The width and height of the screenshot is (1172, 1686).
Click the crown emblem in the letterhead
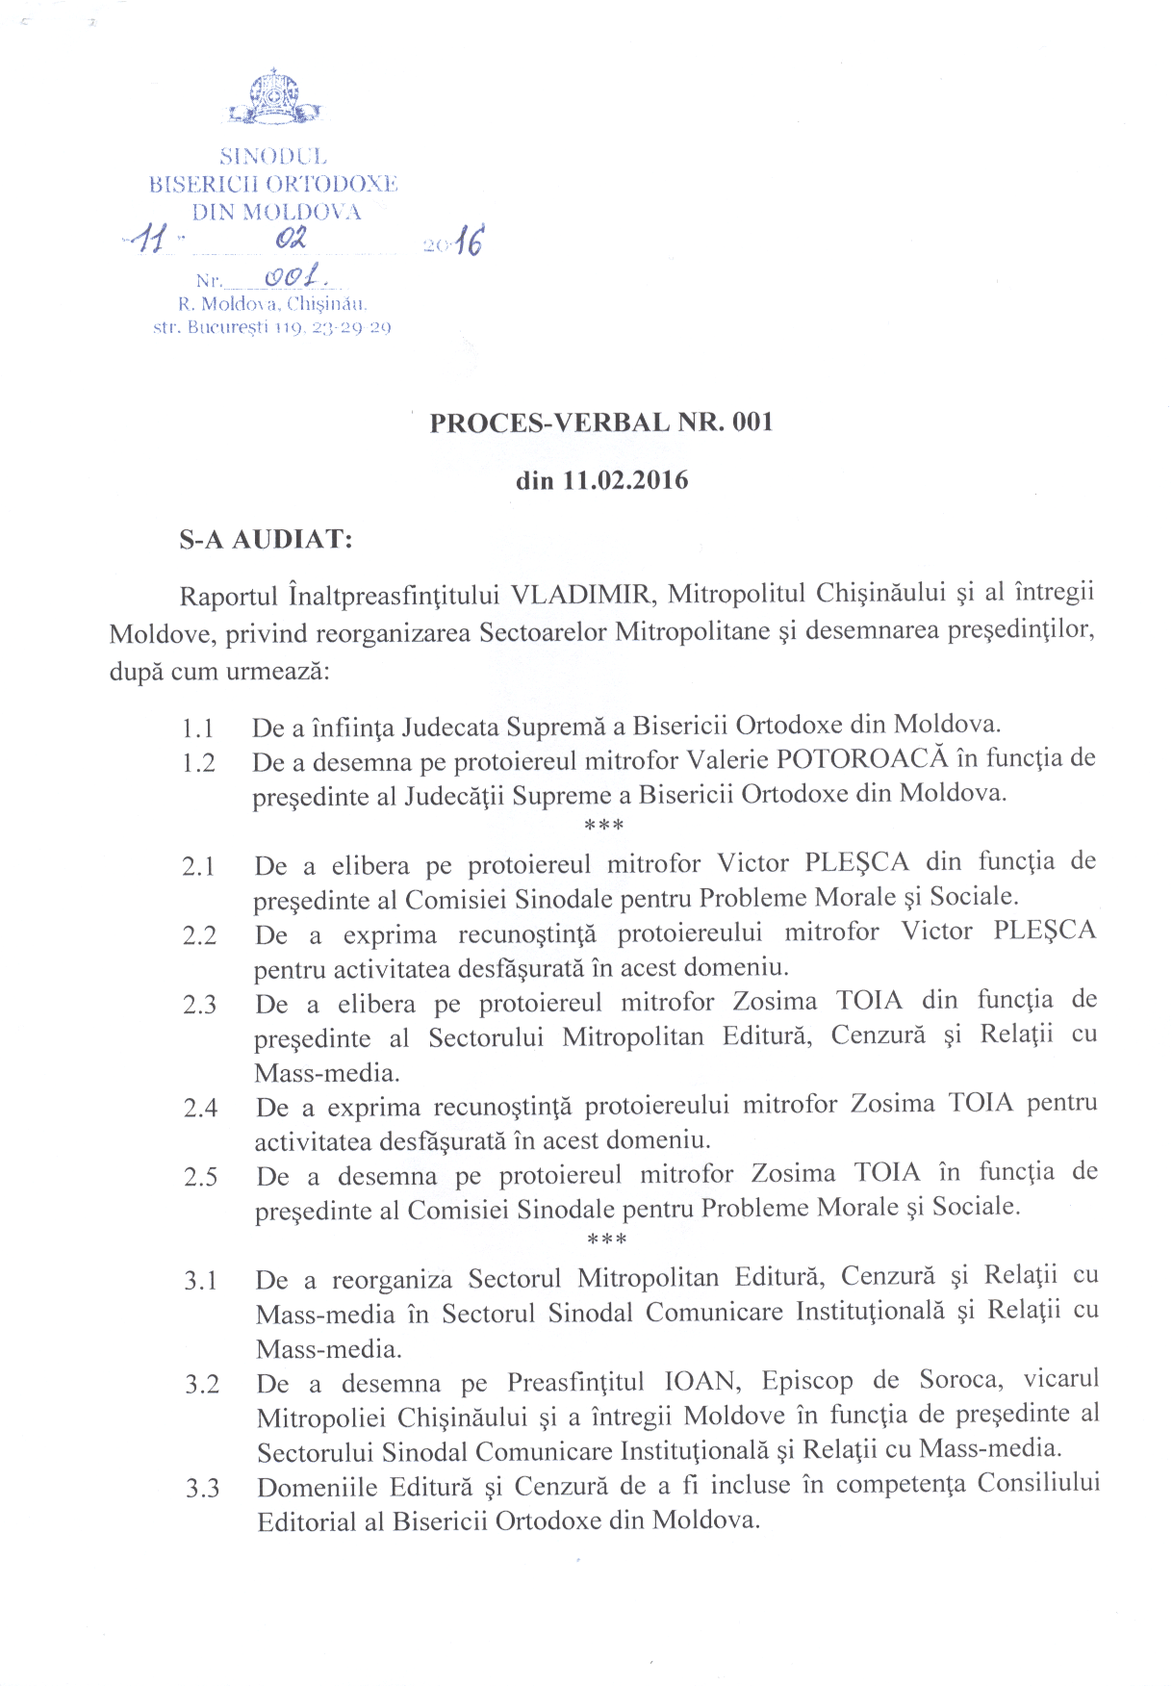click(x=273, y=97)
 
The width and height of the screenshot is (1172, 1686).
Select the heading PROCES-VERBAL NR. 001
click(x=601, y=422)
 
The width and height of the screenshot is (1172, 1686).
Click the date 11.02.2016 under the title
click(x=624, y=480)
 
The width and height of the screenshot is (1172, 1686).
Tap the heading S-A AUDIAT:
click(x=266, y=539)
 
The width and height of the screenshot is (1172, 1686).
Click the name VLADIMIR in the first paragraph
click(x=583, y=593)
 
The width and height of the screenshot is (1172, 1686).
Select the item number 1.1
click(x=197, y=728)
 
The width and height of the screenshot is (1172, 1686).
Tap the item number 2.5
click(x=200, y=1177)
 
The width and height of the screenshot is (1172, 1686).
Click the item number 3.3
click(x=202, y=1489)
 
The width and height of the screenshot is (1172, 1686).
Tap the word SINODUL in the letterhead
click(x=273, y=156)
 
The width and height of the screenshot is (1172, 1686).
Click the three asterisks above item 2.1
click(x=604, y=826)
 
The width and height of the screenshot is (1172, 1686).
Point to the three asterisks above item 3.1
click(x=606, y=1239)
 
